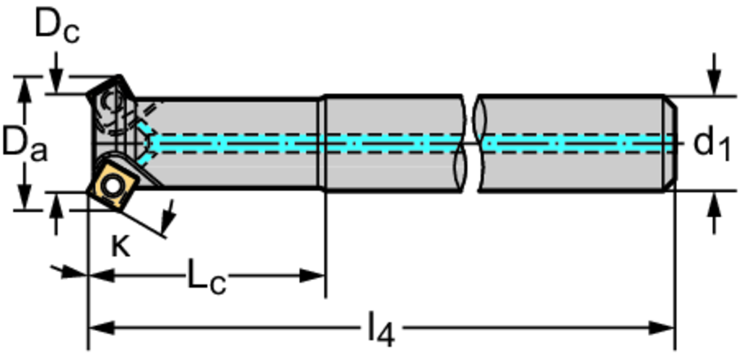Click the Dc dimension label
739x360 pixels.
tap(58, 27)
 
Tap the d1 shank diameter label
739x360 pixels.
tap(712, 143)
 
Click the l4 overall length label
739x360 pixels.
tap(380, 330)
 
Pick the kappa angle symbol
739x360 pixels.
tap(121, 246)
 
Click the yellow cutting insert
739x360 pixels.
tap(112, 185)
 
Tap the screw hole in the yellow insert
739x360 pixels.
tap(112, 185)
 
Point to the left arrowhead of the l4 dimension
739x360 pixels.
tap(98, 328)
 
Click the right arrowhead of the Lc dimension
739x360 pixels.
tap(316, 276)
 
